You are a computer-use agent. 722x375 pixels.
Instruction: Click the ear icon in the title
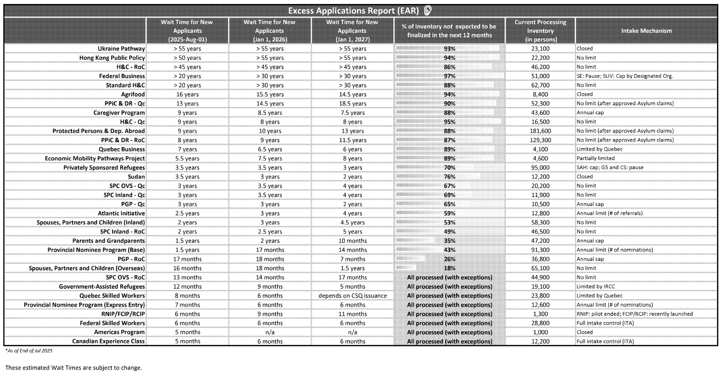[428, 10]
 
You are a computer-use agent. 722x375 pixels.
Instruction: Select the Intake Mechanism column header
[646, 31]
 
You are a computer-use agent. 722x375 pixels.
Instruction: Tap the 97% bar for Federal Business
[449, 76]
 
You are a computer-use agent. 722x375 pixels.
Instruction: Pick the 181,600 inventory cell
[541, 131]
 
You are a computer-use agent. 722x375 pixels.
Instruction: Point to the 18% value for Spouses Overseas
[449, 268]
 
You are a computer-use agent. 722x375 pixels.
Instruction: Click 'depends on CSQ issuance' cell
[353, 296]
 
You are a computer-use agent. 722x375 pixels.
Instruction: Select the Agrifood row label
[133, 94]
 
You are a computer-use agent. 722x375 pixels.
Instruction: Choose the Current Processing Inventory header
[541, 31]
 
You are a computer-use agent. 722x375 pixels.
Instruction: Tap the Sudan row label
[136, 177]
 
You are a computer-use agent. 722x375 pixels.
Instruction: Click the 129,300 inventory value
[541, 140]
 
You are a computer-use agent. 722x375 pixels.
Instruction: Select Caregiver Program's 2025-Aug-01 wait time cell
[187, 113]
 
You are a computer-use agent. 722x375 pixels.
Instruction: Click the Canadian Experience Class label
[108, 342]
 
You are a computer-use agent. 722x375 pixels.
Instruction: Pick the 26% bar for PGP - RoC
[449, 259]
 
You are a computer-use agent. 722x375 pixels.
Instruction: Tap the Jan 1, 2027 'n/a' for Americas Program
[353, 332]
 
